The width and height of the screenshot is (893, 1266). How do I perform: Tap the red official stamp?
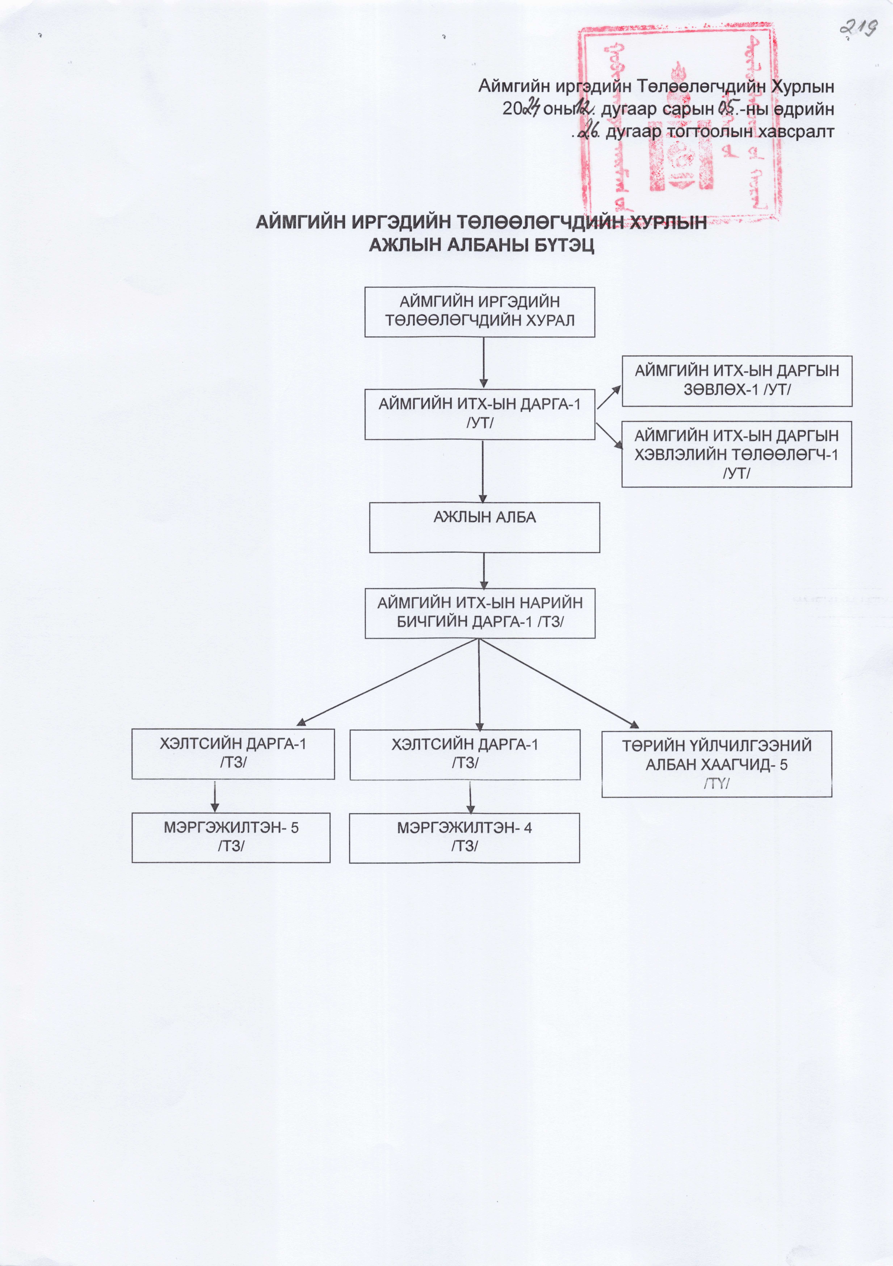(678, 124)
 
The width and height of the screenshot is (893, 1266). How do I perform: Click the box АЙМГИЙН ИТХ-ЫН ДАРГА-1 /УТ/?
(479, 414)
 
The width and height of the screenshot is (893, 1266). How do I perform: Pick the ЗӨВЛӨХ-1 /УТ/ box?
(737, 381)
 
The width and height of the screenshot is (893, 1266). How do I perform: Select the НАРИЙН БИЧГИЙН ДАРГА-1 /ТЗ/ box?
(480, 613)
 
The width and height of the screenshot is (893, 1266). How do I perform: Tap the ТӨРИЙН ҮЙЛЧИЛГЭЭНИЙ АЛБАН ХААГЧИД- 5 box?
(716, 764)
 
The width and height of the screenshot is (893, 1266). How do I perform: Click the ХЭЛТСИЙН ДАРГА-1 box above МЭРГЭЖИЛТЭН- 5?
(233, 754)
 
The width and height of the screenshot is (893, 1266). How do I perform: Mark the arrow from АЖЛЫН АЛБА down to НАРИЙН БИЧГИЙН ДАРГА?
(484, 571)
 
